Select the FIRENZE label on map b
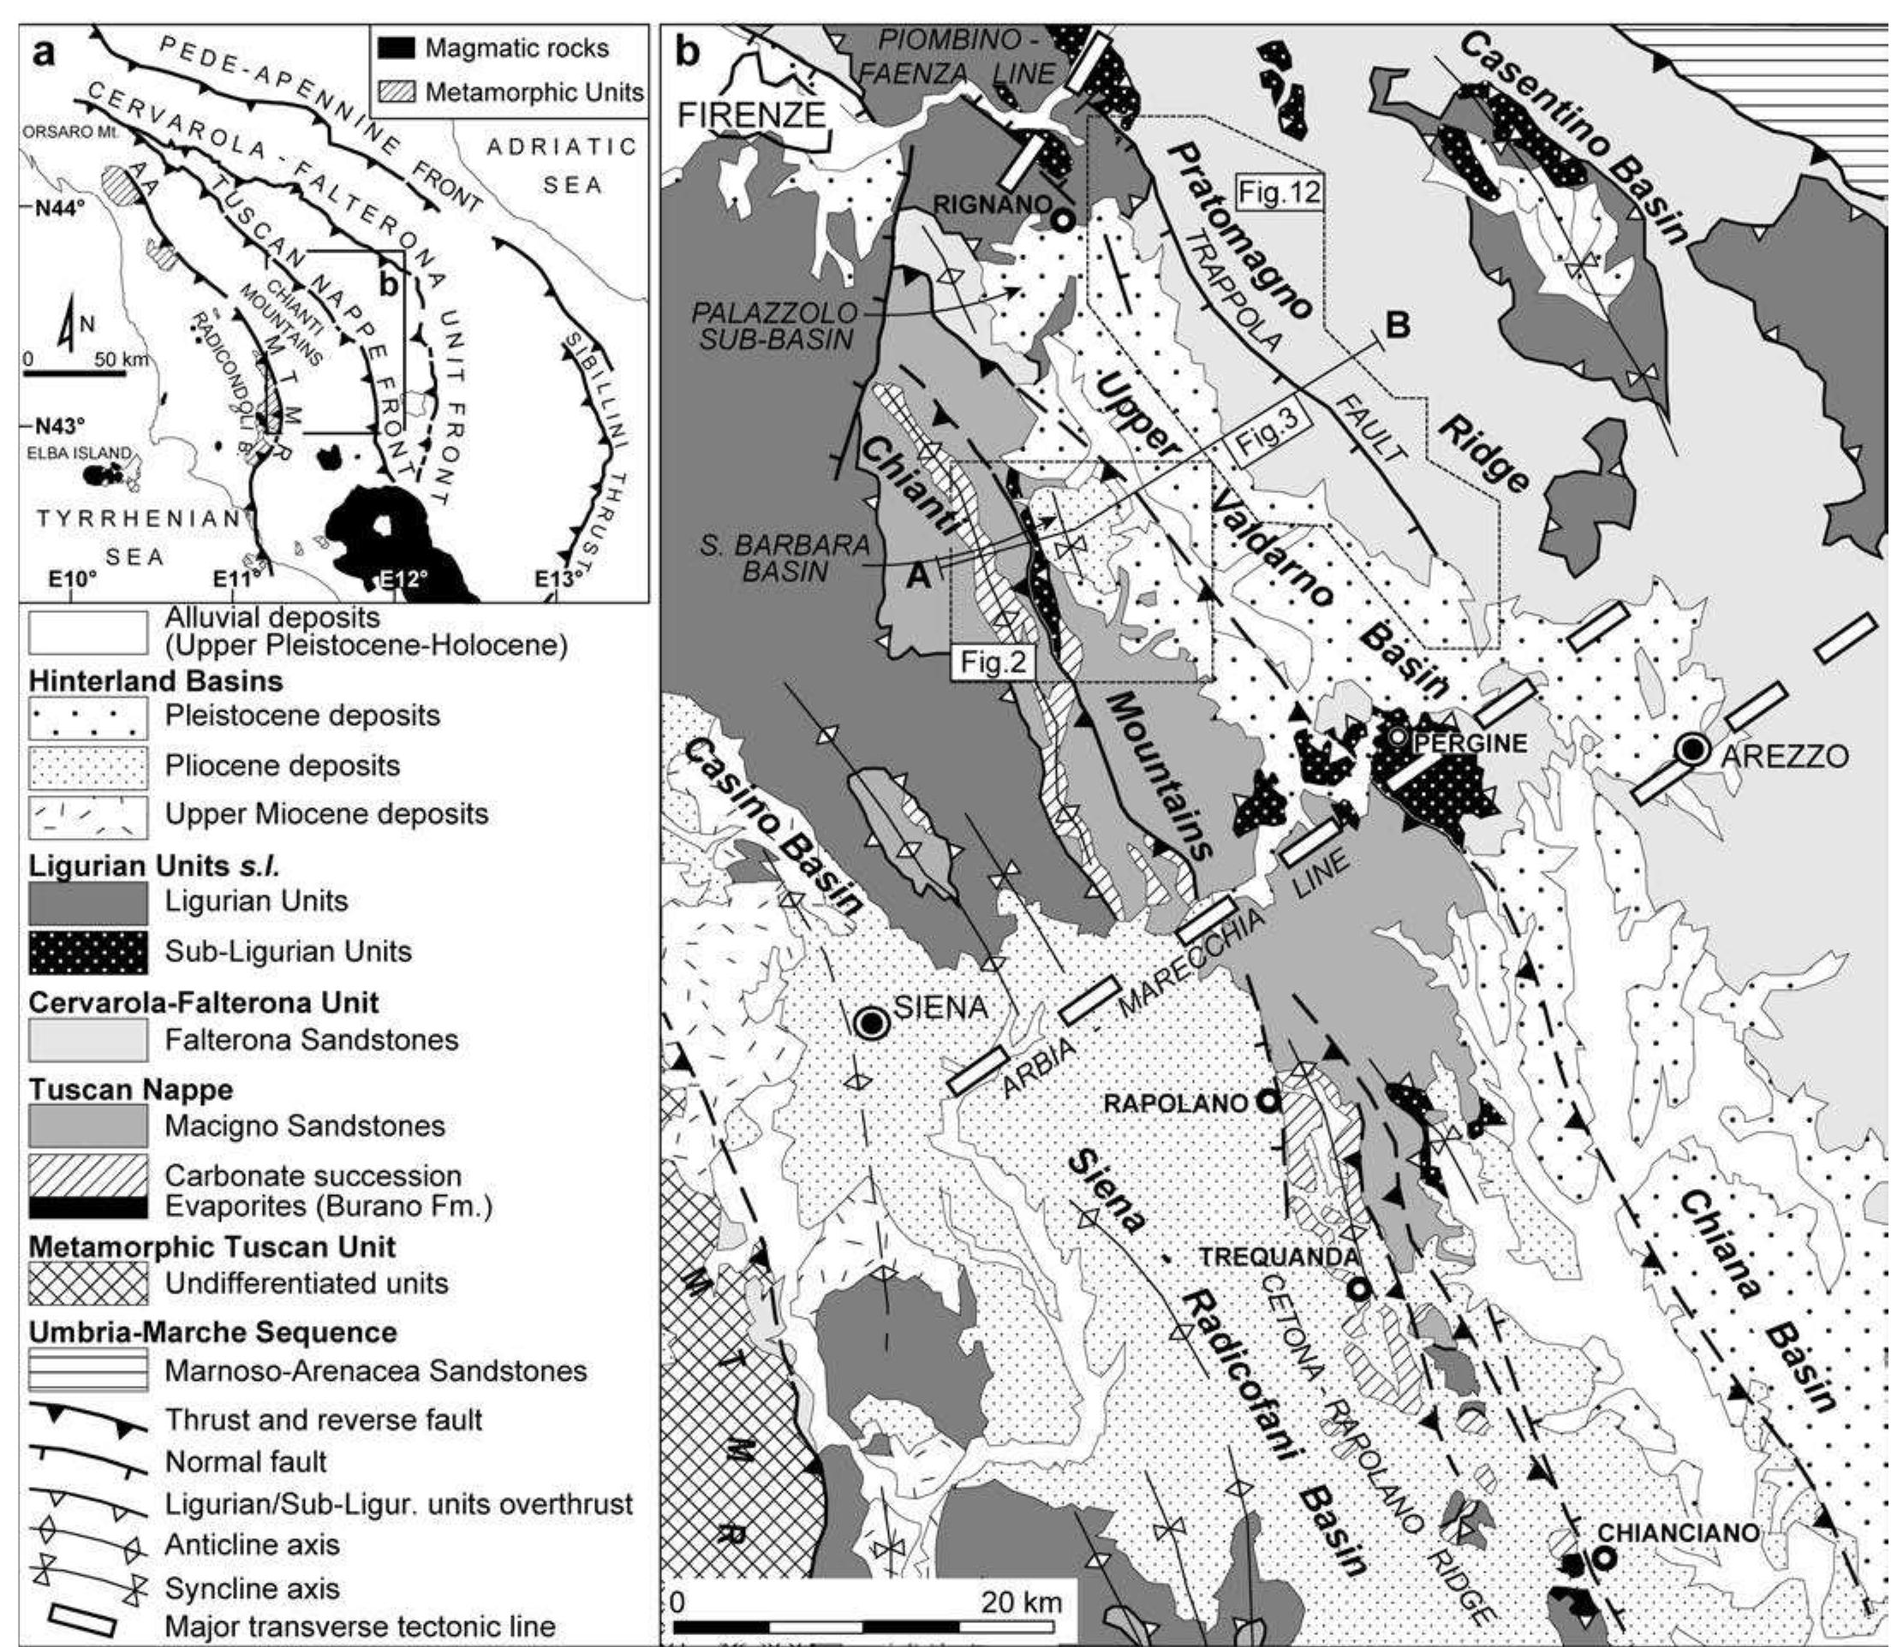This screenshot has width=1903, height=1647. coord(751,115)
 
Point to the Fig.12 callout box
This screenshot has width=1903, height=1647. coord(1279,192)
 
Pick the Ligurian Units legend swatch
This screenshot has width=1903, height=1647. coord(88,901)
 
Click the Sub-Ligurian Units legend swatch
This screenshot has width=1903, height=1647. coord(88,951)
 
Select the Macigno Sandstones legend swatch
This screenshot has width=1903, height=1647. coord(88,1126)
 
